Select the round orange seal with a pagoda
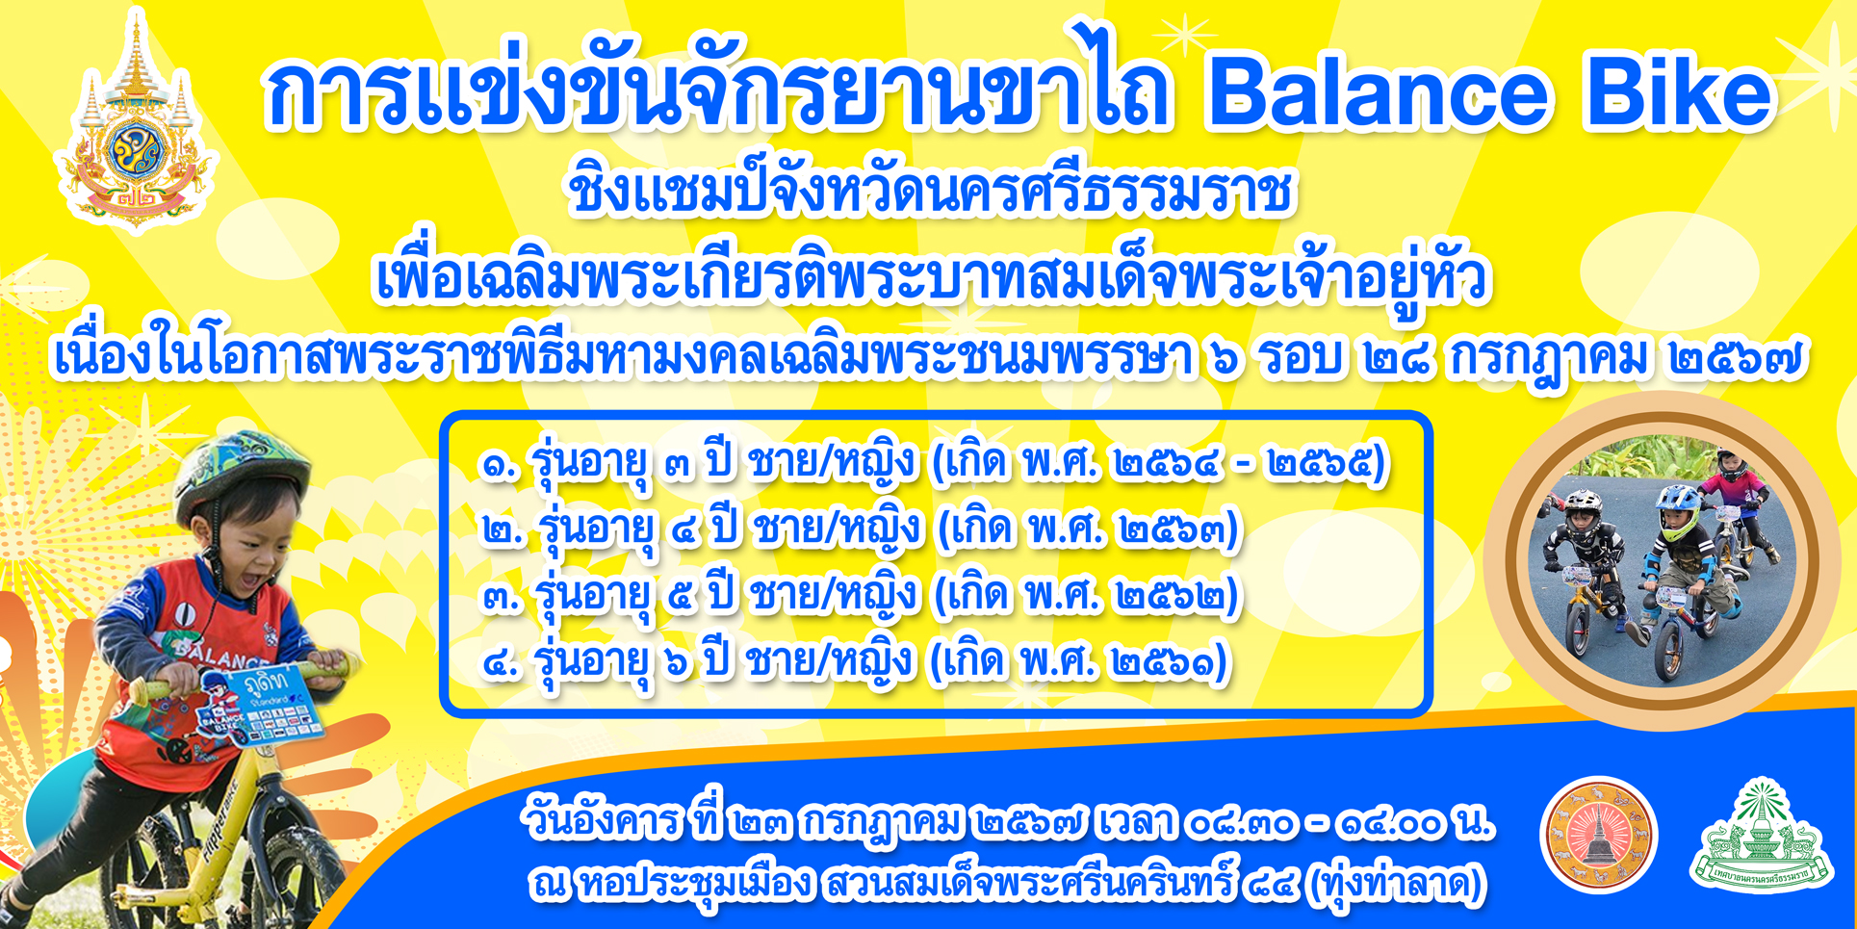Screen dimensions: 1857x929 tap(1599, 834)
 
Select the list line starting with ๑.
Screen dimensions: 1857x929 tap(934, 463)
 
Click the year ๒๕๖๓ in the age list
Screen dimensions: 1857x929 tap(1174, 529)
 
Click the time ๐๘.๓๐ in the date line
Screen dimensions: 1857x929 tap(1241, 824)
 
